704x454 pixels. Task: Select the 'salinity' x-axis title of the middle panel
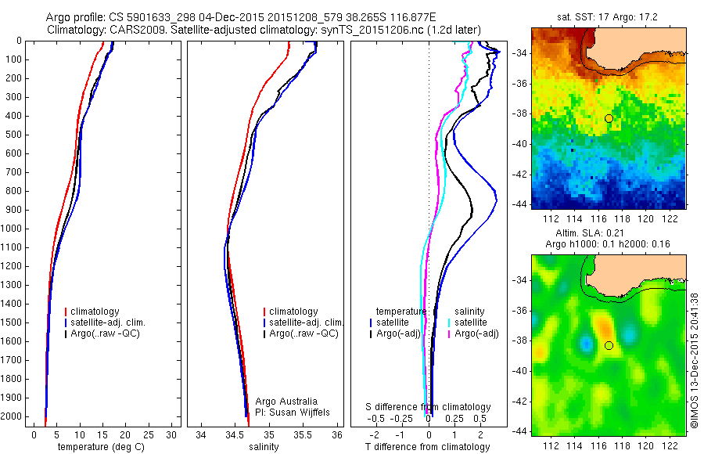[x=264, y=447]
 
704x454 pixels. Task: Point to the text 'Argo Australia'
[x=286, y=400]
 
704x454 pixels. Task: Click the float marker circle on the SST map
[x=609, y=118]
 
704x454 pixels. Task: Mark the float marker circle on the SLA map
[x=609, y=345]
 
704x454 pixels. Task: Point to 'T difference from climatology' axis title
[x=428, y=447]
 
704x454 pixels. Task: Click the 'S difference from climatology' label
[x=429, y=407]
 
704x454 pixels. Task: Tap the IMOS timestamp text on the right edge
[x=695, y=359]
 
